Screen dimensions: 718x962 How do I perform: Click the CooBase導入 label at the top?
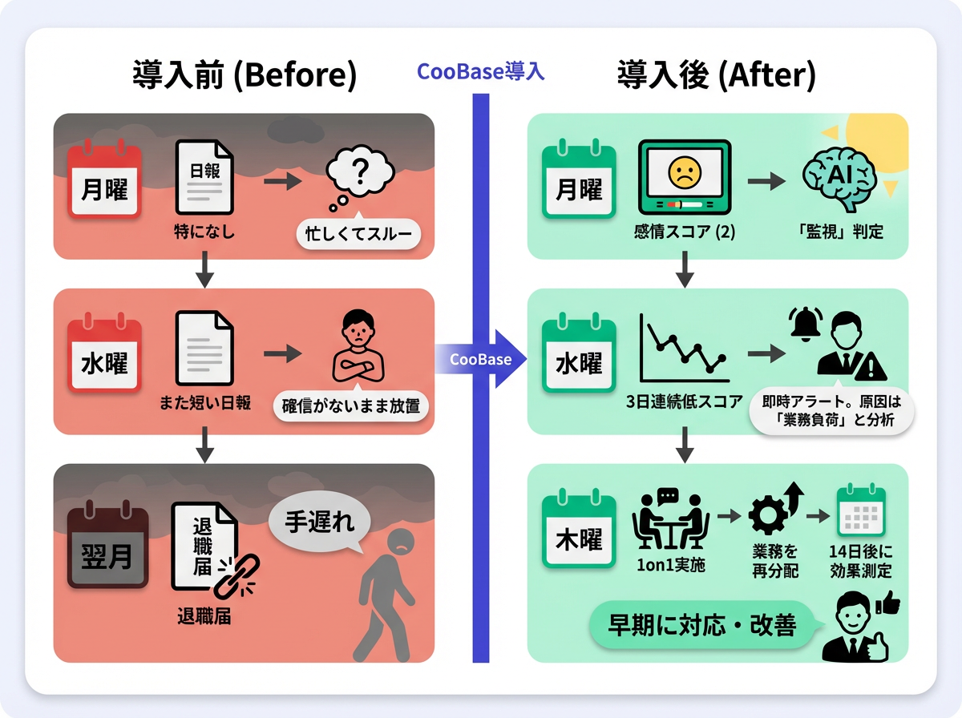click(481, 72)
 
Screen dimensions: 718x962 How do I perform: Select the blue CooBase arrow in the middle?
click(482, 359)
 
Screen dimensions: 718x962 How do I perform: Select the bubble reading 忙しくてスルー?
click(358, 235)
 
